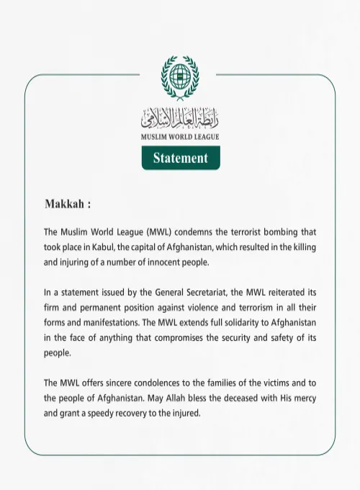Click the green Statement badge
click(181, 158)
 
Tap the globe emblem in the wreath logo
click(181, 74)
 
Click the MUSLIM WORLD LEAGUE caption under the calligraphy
click(181, 136)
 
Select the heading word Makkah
click(65, 204)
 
